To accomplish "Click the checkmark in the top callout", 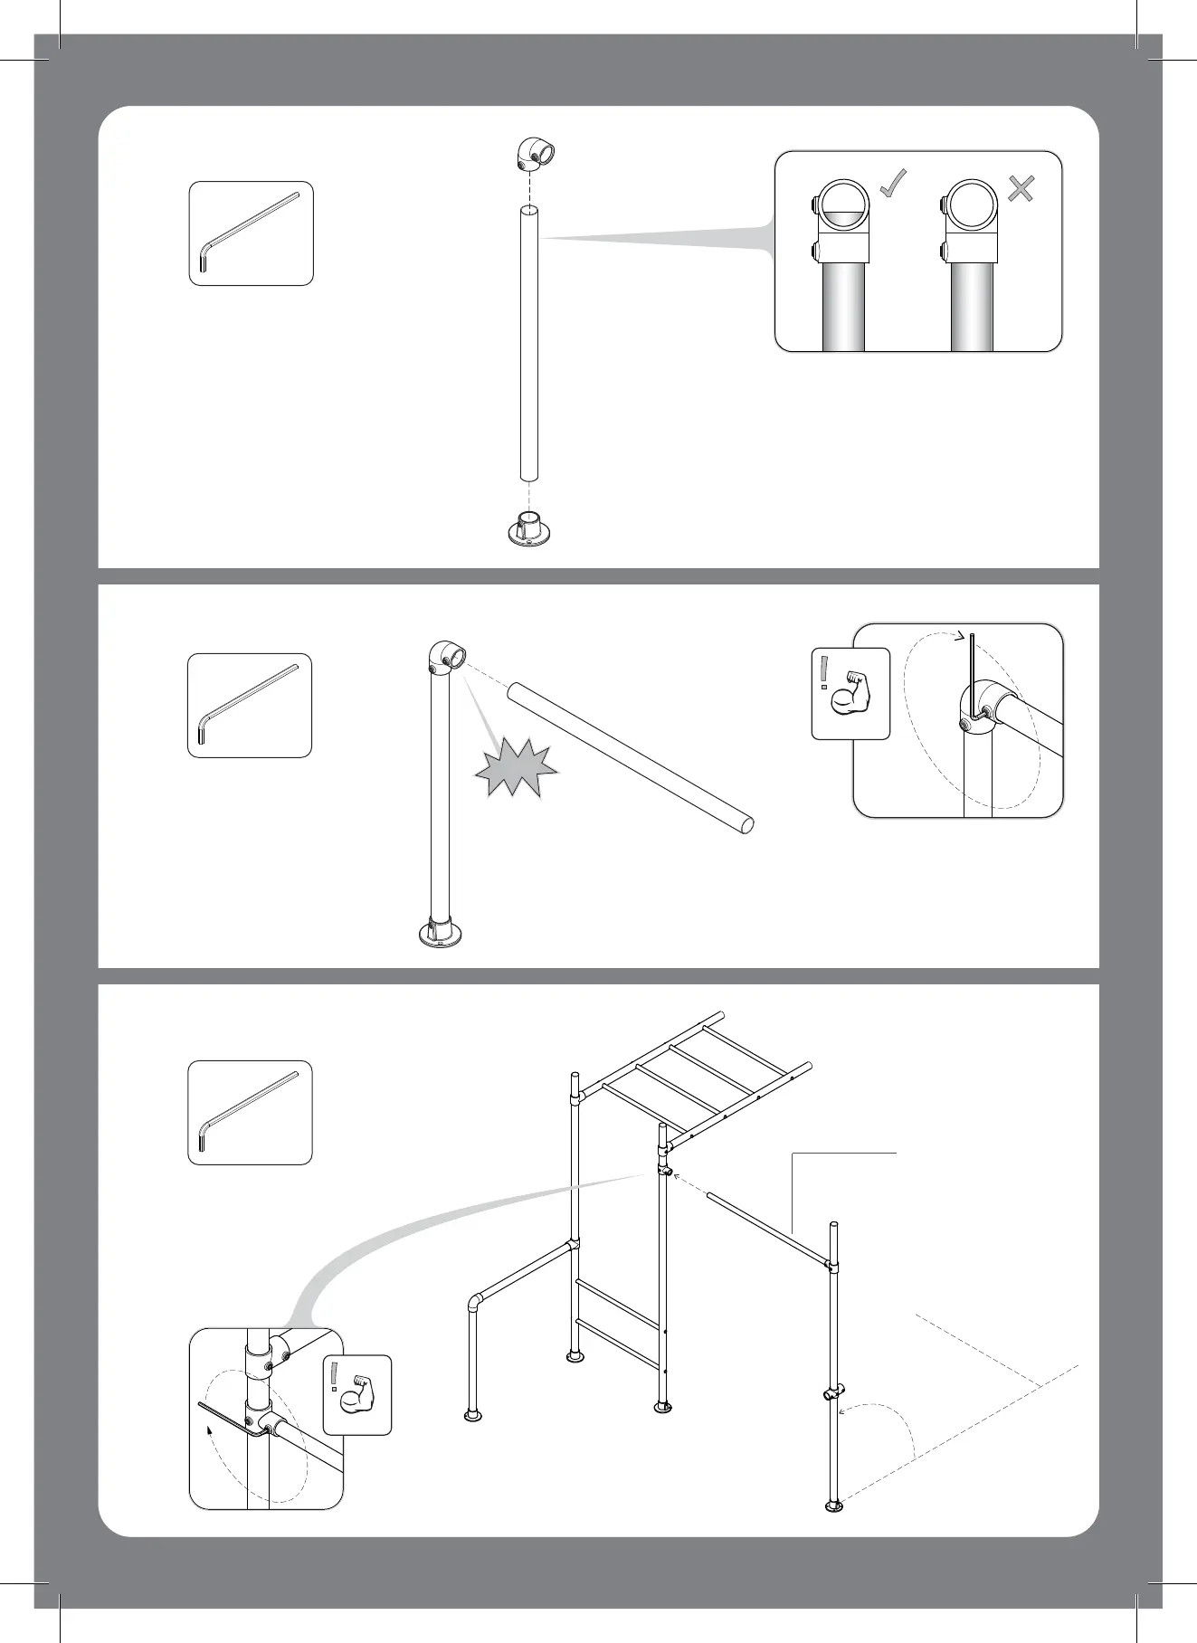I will (x=894, y=185).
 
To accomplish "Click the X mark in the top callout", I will (x=1021, y=188).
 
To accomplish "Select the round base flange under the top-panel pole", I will (x=529, y=531).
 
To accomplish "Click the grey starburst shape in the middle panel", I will (x=515, y=766).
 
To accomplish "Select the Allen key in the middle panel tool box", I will (x=249, y=705).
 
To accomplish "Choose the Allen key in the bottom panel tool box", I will (x=249, y=1112).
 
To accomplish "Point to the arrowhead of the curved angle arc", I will (x=841, y=1410).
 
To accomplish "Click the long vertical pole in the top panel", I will (x=529, y=344).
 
